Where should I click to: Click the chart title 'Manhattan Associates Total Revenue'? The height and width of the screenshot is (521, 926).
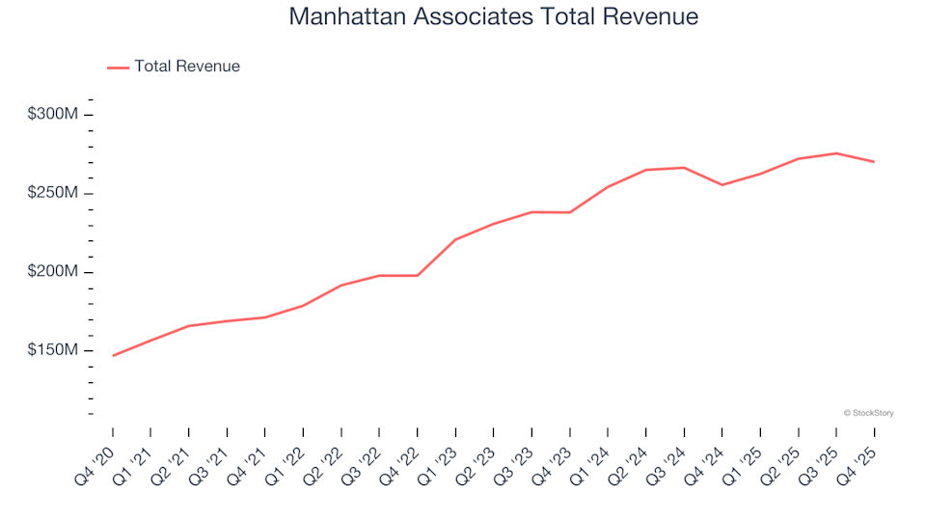(x=493, y=16)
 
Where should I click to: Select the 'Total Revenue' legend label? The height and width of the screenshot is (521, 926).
(x=187, y=67)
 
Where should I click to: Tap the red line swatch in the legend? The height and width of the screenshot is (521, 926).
(x=118, y=68)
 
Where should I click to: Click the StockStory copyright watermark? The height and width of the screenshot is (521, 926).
(x=868, y=413)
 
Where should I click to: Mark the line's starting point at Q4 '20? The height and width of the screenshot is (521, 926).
(x=113, y=356)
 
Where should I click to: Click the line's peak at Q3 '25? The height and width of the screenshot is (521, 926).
(x=836, y=153)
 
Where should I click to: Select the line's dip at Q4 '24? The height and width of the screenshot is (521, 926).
(x=722, y=184)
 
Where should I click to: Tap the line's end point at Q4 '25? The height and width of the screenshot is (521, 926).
(x=874, y=161)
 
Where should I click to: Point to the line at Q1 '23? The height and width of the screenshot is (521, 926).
(x=455, y=239)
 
